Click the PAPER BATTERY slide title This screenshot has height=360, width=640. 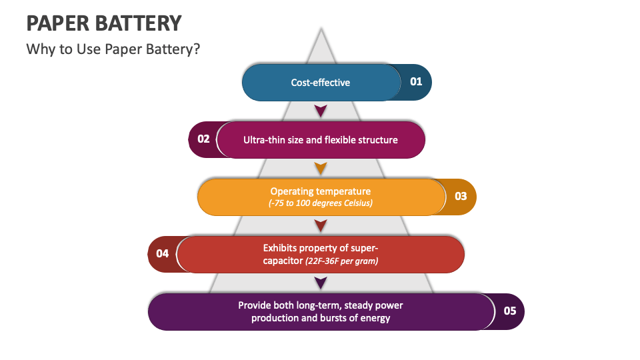click(103, 23)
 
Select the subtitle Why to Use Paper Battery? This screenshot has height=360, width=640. click(113, 49)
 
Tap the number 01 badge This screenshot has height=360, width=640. click(416, 82)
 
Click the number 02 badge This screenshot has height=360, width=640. click(203, 139)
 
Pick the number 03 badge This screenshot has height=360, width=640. click(461, 197)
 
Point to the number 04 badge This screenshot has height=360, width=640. click(162, 254)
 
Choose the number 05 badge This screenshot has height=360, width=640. click(509, 311)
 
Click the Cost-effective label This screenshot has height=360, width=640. click(320, 83)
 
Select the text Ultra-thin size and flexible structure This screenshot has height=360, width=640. click(320, 140)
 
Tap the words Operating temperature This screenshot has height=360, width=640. click(320, 191)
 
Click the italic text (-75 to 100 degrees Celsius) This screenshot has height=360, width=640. click(320, 203)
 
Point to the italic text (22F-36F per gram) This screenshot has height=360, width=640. click(341, 261)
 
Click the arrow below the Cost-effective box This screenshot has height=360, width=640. click(321, 111)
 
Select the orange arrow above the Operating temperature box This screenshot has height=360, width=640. click(321, 167)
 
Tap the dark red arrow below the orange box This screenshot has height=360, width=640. click(321, 225)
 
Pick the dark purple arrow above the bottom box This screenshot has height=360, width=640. click(321, 283)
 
